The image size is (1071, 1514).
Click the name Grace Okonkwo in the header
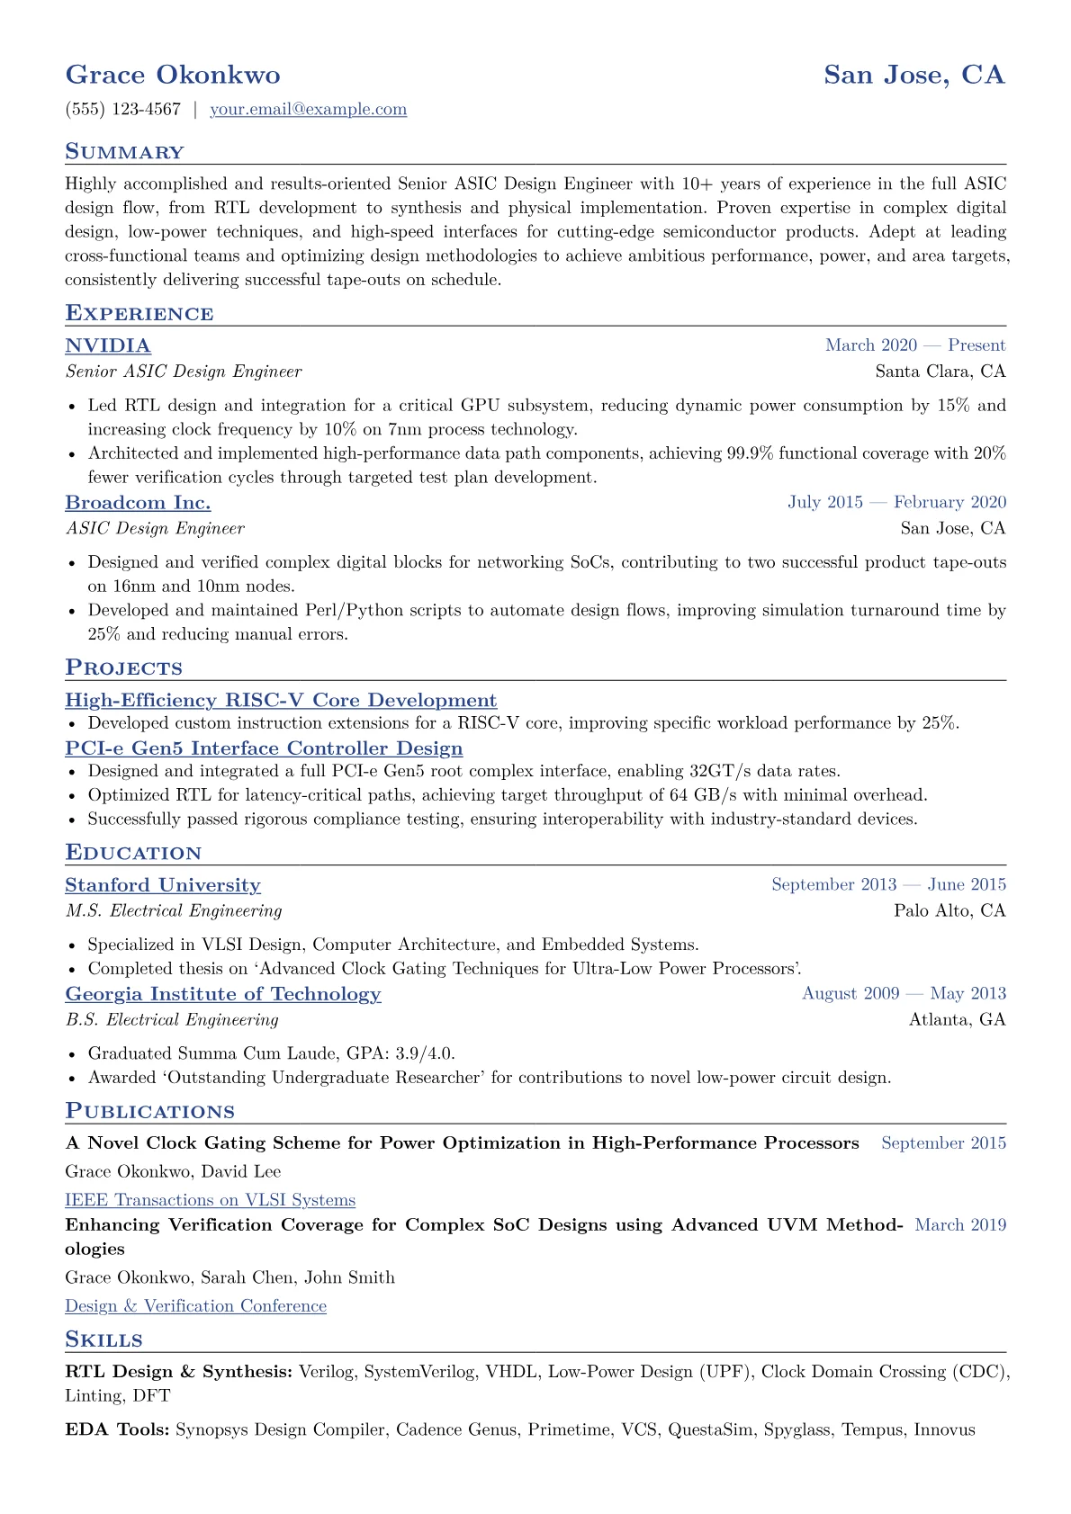(x=173, y=75)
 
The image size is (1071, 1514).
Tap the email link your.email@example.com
(x=308, y=110)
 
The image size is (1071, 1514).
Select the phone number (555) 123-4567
(x=123, y=110)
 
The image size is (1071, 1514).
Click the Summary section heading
(x=124, y=152)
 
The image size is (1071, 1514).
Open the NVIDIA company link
(x=108, y=345)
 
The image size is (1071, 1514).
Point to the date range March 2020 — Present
(x=915, y=345)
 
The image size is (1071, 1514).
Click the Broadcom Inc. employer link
(x=138, y=502)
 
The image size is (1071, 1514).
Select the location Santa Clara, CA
(x=940, y=372)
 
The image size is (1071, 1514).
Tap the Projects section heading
(x=123, y=667)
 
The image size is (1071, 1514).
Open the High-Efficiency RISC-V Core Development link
(x=281, y=700)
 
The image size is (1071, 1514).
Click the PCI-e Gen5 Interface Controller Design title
(x=264, y=748)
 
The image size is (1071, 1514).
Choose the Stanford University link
(x=163, y=885)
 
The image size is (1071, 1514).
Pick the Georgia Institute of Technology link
(x=223, y=994)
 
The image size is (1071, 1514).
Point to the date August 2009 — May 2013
(x=904, y=994)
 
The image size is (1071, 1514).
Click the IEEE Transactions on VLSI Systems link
(x=211, y=1200)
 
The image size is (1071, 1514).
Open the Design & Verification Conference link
(x=195, y=1306)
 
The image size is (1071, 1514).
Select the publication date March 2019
(x=960, y=1225)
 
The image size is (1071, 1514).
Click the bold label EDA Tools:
(x=117, y=1429)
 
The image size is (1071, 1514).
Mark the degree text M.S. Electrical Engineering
(x=174, y=911)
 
